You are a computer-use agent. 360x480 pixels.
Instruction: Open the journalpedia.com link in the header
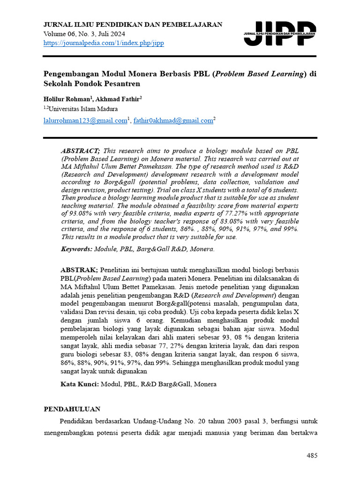pyautogui.click(x=104, y=43)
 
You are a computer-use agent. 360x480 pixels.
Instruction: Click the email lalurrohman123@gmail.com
pyautogui.click(x=85, y=120)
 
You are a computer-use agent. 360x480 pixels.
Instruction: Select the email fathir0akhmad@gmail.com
pyautogui.click(x=173, y=120)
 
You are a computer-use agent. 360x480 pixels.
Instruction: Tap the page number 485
pyautogui.click(x=312, y=456)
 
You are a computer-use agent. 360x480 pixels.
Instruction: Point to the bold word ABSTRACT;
pyautogui.click(x=80, y=150)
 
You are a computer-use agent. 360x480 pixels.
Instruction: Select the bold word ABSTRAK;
pyautogui.click(x=79, y=270)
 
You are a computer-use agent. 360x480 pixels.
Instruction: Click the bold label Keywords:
pyautogui.click(x=77, y=249)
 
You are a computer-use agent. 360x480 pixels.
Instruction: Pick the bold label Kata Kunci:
pyautogui.click(x=80, y=384)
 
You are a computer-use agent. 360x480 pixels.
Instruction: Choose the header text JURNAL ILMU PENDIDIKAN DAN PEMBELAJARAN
pyautogui.click(x=133, y=24)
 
